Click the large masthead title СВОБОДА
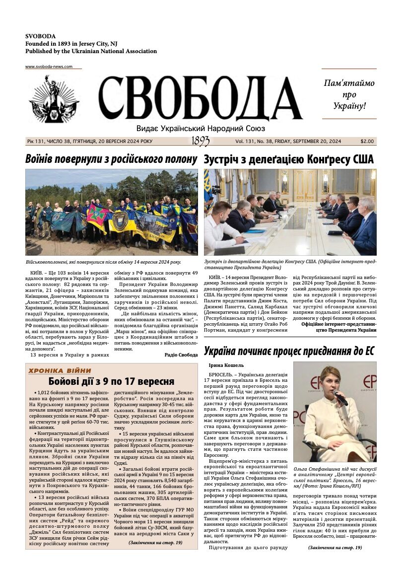pyautogui.click(x=201, y=99)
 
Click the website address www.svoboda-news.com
pyautogui.click(x=49, y=67)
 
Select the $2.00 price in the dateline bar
pyautogui.click(x=367, y=142)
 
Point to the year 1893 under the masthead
pyautogui.click(x=201, y=142)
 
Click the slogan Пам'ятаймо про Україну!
pyautogui.click(x=349, y=94)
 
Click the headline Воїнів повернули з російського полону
pyautogui.click(x=111, y=159)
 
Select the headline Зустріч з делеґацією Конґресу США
pyautogui.click(x=288, y=159)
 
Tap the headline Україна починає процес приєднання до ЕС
pyautogui.click(x=289, y=351)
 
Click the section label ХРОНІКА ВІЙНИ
pyautogui.click(x=60, y=370)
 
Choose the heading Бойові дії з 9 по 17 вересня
pyautogui.click(x=111, y=381)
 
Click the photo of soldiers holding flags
pyautogui.click(x=111, y=212)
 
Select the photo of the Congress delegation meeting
pyautogui.click(x=290, y=212)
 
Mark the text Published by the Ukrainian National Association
pyautogui.click(x=91, y=51)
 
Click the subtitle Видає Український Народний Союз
pyautogui.click(x=201, y=128)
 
